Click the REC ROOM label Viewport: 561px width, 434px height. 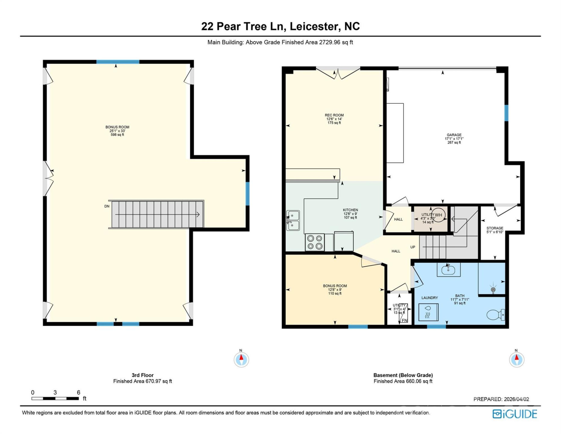click(334, 115)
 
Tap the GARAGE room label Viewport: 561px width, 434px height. click(454, 135)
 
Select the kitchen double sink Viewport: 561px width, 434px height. click(293, 220)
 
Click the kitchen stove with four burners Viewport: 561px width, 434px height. click(315, 242)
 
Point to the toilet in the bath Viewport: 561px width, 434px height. click(495, 315)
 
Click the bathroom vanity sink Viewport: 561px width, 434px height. click(448, 269)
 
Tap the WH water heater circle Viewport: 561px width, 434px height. click(439, 215)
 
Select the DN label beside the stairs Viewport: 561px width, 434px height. click(107, 206)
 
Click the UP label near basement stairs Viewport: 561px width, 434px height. click(413, 247)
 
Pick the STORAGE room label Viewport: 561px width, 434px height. click(494, 228)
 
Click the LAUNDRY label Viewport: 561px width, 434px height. click(429, 298)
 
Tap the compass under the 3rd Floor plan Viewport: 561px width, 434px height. click(241, 359)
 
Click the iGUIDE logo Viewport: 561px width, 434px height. click(514, 414)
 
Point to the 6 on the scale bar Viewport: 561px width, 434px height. click(78, 392)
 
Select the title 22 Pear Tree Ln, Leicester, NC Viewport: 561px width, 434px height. click(280, 26)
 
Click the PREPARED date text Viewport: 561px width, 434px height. click(501, 399)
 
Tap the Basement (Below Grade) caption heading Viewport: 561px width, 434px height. click(403, 375)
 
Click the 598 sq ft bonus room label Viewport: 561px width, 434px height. click(117, 135)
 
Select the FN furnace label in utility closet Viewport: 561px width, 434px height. click(404, 320)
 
